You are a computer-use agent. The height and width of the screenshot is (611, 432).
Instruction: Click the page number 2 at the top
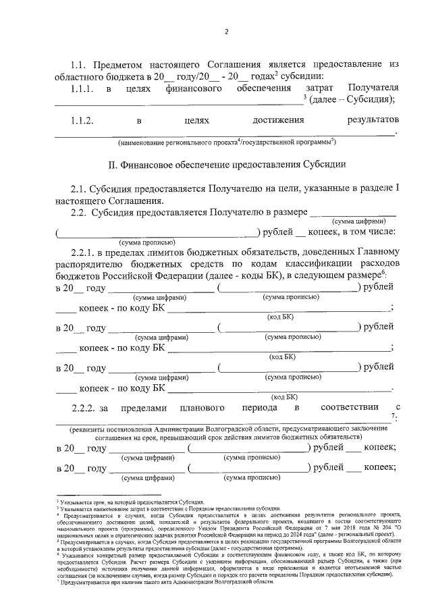(226, 32)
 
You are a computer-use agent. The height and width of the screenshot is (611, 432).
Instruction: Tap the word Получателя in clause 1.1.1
(372, 88)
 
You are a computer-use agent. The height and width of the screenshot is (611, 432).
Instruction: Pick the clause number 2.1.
(79, 189)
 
